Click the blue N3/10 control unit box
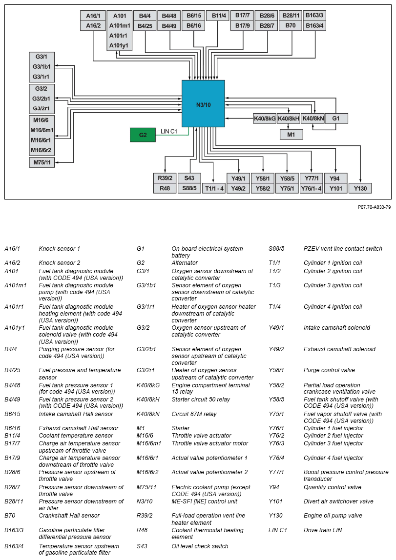coord(203,104)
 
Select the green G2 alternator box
coord(143,135)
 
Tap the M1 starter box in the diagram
coord(291,135)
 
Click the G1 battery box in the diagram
coord(336,118)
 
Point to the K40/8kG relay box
coord(264,118)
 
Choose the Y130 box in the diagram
coord(360,188)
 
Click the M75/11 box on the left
coord(42,162)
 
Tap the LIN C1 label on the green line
coord(169,131)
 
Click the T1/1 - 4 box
coord(214,188)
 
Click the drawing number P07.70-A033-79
coord(374,207)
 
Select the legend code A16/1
coord(12,249)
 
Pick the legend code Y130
coord(276,516)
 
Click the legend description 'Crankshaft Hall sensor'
coord(69,516)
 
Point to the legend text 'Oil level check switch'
coord(200,546)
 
